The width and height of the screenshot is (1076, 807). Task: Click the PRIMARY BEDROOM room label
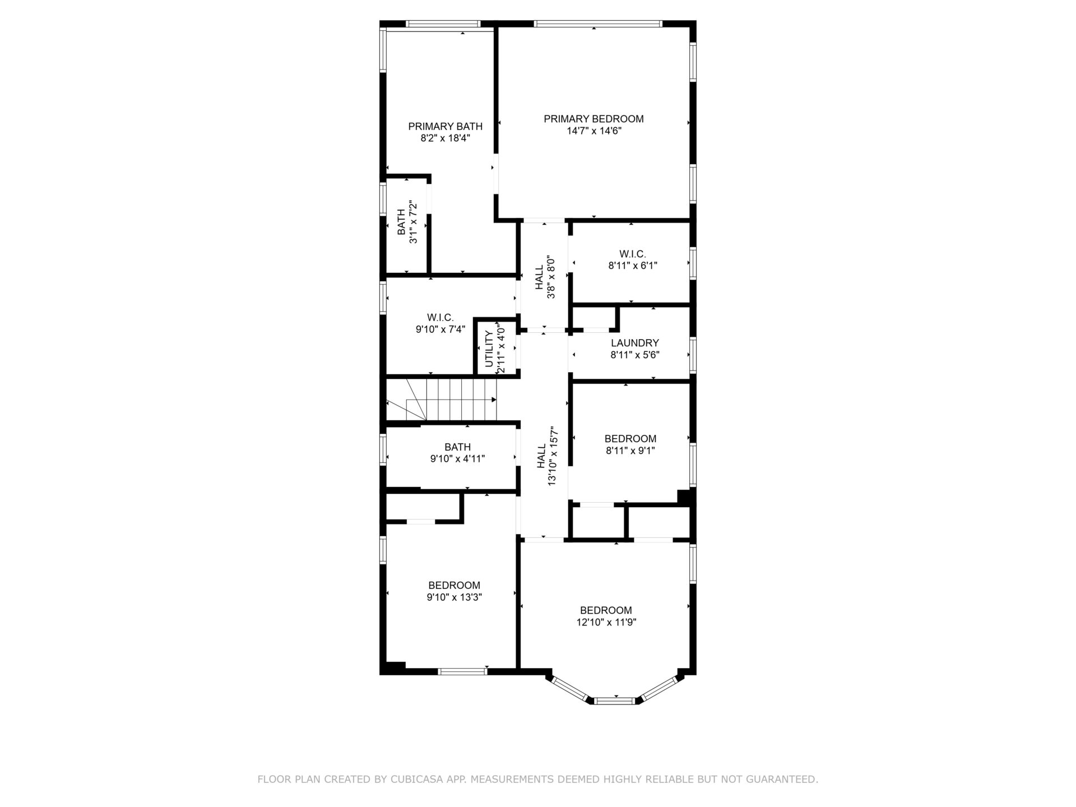[593, 119]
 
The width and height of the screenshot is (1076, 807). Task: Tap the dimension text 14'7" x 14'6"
[594, 131]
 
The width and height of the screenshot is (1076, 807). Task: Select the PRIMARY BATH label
[445, 126]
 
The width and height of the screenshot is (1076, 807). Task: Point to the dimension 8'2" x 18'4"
[445, 138]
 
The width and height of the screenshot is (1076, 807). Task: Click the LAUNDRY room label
[634, 342]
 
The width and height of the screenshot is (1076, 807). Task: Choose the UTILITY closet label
[489, 349]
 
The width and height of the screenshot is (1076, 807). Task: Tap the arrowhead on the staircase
[494, 400]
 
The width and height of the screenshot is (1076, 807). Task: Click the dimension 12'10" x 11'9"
[606, 622]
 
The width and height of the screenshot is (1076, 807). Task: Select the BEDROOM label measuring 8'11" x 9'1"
[630, 438]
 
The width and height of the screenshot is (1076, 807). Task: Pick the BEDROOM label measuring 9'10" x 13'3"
[454, 585]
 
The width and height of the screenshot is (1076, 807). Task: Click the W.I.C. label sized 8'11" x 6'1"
[633, 254]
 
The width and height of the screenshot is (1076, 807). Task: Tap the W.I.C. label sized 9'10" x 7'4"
[440, 318]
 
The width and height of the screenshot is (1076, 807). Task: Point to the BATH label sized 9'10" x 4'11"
[457, 447]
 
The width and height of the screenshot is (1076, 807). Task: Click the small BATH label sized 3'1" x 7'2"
[401, 222]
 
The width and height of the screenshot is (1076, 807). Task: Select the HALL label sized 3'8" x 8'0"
[539, 277]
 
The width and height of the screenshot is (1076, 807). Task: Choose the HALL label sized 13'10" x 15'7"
[541, 456]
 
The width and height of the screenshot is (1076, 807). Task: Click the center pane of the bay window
[615, 700]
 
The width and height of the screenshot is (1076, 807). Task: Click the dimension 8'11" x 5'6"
[634, 354]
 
